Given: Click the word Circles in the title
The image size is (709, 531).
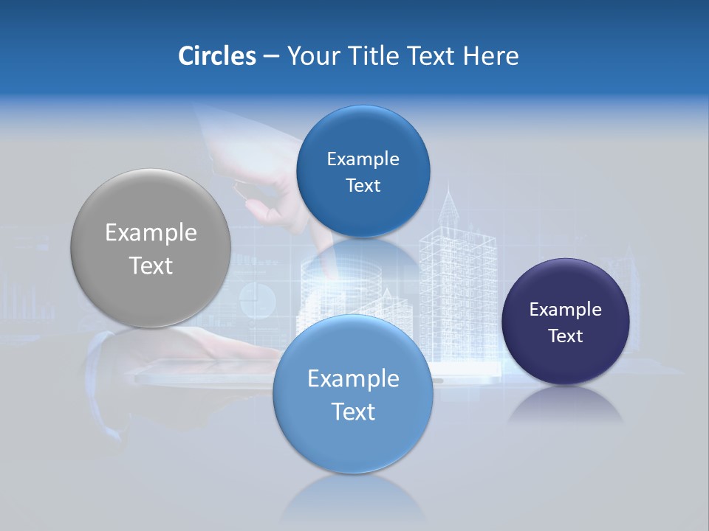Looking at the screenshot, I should [x=216, y=56].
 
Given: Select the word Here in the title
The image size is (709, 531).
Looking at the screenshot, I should [x=491, y=56].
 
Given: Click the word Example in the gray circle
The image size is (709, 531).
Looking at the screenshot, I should [x=151, y=233].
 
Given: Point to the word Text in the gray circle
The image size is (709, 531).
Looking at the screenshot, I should [x=151, y=265].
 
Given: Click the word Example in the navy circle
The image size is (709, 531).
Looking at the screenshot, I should [x=566, y=310].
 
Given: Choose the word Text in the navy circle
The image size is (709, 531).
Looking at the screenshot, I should [x=566, y=336].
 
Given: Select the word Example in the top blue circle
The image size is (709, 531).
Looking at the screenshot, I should [x=363, y=159].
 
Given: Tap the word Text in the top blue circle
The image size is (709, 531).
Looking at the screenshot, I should [x=363, y=186].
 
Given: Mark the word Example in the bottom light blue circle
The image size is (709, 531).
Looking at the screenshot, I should [x=353, y=379].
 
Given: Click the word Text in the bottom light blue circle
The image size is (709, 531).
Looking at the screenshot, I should [x=353, y=412].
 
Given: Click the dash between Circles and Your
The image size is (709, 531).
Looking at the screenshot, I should [x=271, y=57].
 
